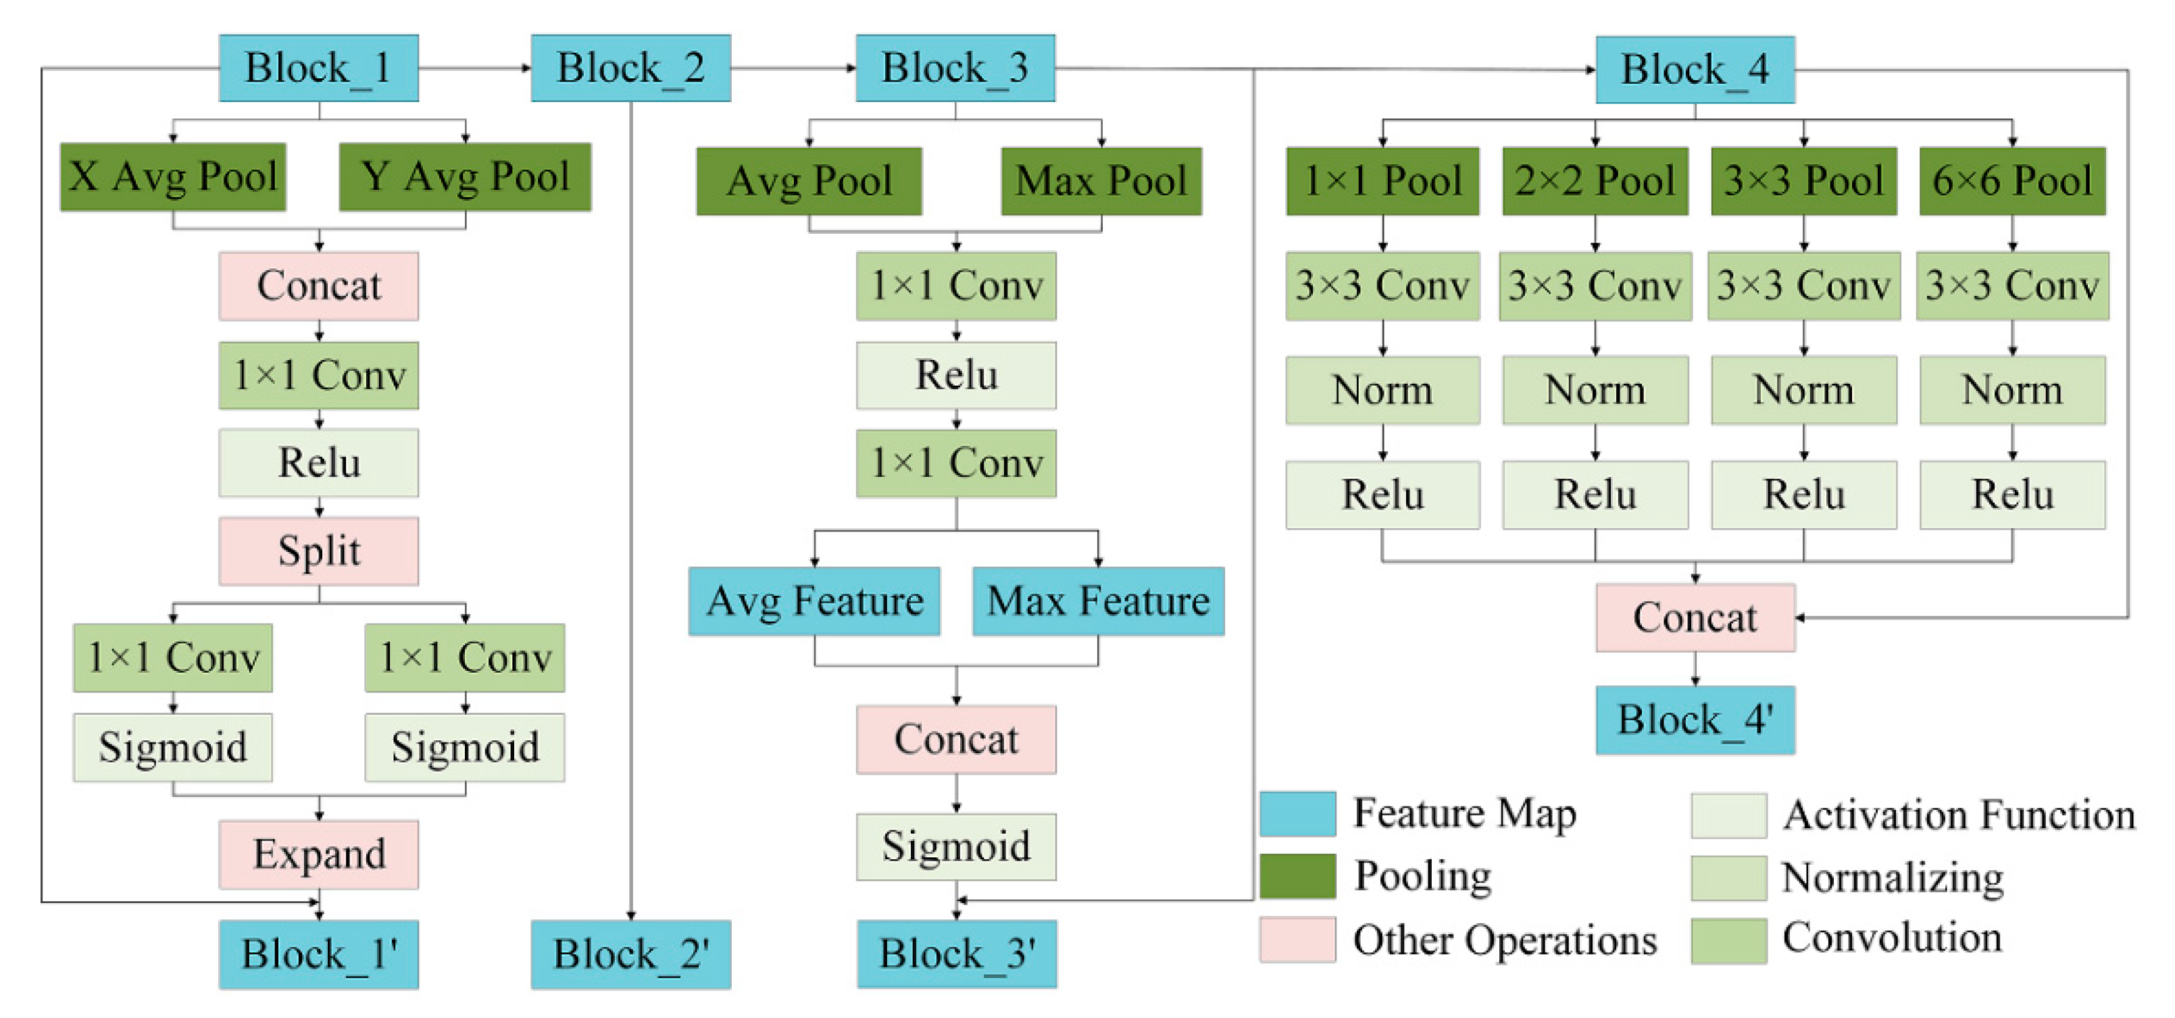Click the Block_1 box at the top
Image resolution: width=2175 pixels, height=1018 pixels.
pyautogui.click(x=318, y=68)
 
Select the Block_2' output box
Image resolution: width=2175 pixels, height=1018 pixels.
pyautogui.click(x=630, y=954)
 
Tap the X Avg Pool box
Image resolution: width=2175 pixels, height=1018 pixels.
pyautogui.click(x=173, y=177)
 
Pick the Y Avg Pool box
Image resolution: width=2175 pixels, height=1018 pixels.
pyautogui.click(x=466, y=177)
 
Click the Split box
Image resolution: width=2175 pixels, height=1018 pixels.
pyautogui.click(x=318, y=551)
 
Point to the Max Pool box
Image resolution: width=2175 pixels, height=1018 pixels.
pyautogui.click(x=1101, y=180)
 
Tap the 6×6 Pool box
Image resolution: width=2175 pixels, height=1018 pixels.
pyautogui.click(x=2012, y=180)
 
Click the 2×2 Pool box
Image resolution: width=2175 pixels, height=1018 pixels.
pyautogui.click(x=1595, y=180)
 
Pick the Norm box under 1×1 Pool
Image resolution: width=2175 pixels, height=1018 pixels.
pyautogui.click(x=1382, y=390)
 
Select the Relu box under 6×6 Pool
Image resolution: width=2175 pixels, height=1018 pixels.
pyautogui.click(x=2012, y=494)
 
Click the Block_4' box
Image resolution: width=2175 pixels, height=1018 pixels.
pyautogui.click(x=1695, y=720)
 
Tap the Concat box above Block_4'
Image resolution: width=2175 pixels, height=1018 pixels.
pyautogui.click(x=1695, y=617)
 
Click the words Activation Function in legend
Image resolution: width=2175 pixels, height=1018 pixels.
pyautogui.click(x=1959, y=815)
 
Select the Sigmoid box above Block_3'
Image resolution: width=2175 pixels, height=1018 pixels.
pyautogui.click(x=956, y=846)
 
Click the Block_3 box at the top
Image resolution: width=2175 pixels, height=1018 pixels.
pyautogui.click(x=955, y=68)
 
